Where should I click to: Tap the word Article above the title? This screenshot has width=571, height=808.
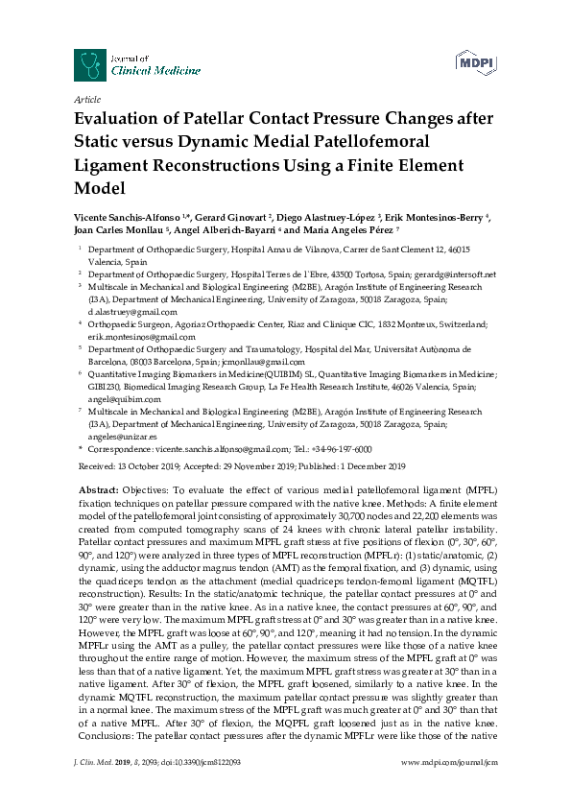click(86, 100)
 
